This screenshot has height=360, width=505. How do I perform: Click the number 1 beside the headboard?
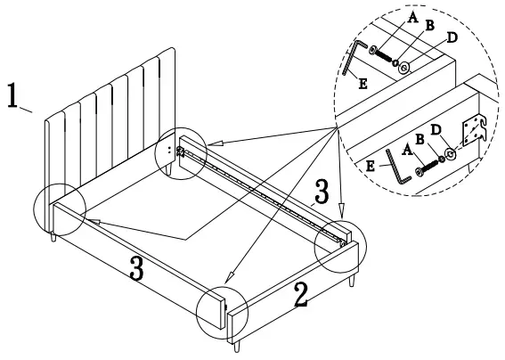(14, 97)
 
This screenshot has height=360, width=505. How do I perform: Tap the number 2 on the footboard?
(302, 295)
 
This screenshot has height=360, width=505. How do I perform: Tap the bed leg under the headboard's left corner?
(54, 240)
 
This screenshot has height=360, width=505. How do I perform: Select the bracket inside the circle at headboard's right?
(181, 152)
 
